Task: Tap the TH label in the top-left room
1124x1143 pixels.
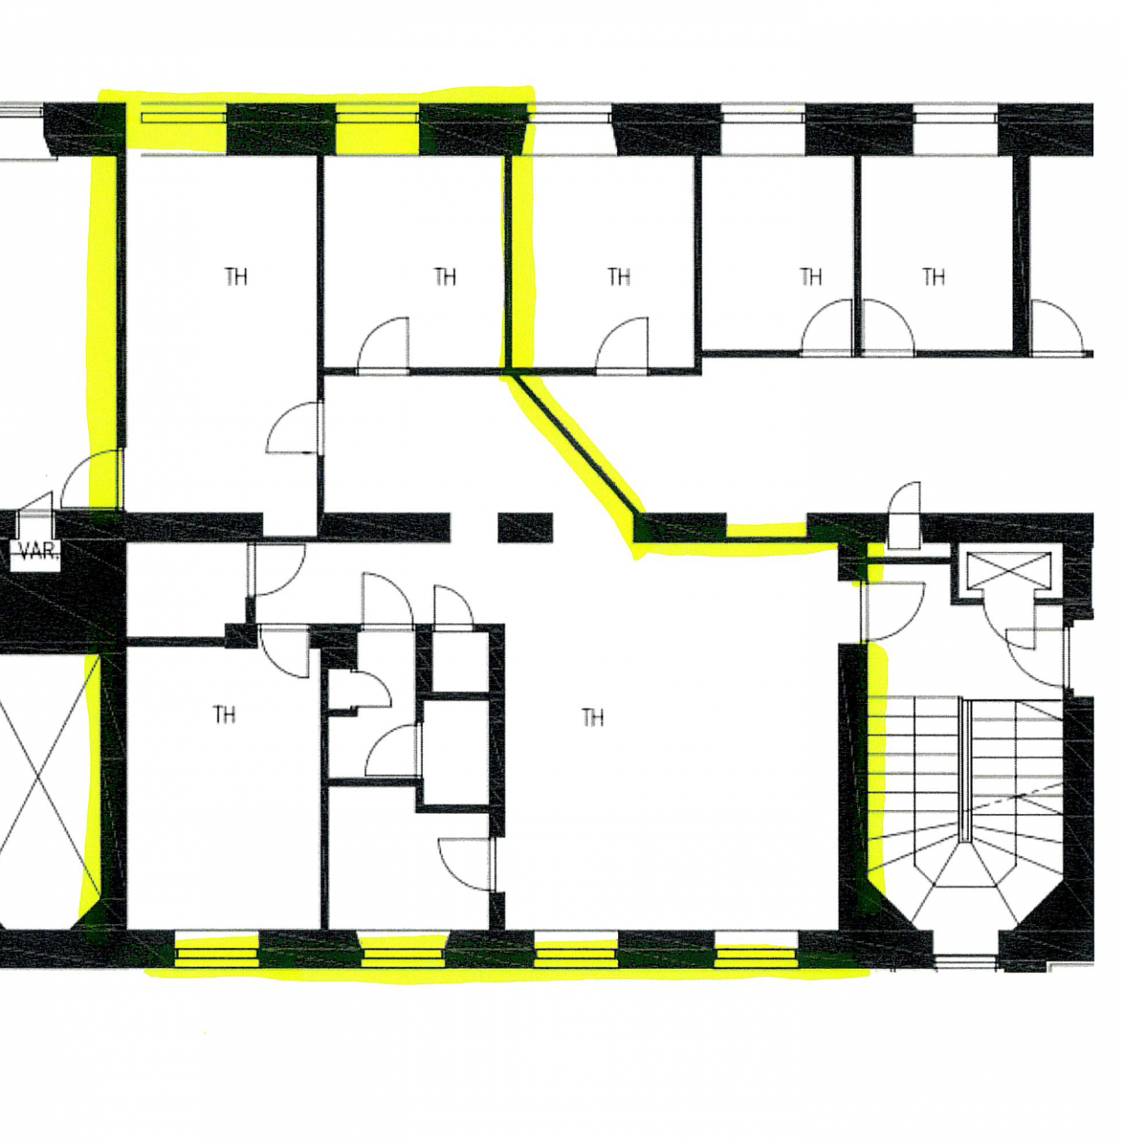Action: coord(236,277)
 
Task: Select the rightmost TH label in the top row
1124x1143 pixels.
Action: coord(933,277)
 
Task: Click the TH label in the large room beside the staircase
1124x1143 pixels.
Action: coord(593,718)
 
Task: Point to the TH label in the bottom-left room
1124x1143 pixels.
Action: coord(224,714)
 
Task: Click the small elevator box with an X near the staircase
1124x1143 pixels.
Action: coord(1008,570)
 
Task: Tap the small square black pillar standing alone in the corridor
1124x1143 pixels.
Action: coord(525,527)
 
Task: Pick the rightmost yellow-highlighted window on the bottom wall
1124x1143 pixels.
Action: coord(756,953)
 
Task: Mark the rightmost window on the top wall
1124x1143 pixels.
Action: coord(955,117)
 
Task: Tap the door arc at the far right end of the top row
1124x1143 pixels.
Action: coord(1058,327)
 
